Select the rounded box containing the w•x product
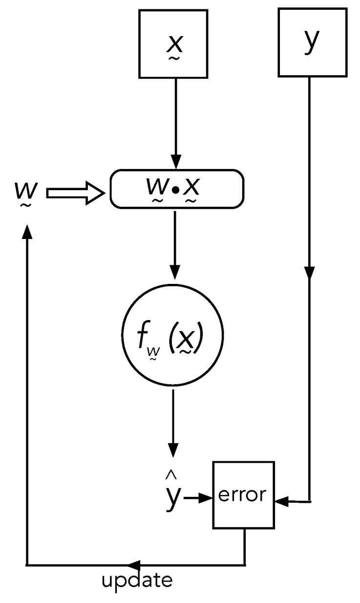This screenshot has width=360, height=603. [x=176, y=188]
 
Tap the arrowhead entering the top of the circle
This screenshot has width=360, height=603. [x=175, y=272]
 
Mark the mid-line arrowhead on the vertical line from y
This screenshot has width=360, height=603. [x=309, y=272]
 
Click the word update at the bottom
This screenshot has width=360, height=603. [x=137, y=581]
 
